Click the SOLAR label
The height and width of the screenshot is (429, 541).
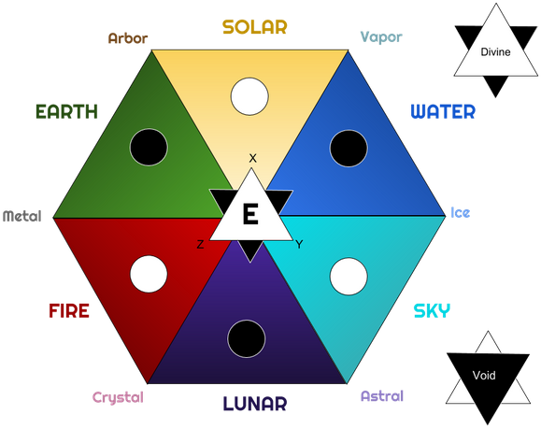(255, 27)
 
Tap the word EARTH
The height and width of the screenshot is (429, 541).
(66, 111)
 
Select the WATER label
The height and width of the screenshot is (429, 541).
(443, 111)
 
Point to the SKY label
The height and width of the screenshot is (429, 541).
(432, 310)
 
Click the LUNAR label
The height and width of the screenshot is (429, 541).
(255, 403)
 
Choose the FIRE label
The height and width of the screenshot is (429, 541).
(69, 310)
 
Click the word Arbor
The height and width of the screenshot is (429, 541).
(128, 38)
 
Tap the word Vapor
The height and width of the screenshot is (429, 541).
(381, 37)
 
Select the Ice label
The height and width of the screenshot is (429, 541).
(461, 212)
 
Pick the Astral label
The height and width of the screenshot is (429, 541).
(382, 396)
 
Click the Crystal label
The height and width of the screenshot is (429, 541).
(118, 397)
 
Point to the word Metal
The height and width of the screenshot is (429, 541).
(22, 216)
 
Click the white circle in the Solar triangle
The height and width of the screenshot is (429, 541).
(249, 96)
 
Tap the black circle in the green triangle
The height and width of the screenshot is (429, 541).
(149, 148)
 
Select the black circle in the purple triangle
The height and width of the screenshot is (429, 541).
(247, 338)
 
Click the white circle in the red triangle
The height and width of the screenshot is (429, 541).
(149, 274)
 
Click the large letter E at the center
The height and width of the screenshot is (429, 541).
(250, 214)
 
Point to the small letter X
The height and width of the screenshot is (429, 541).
(252, 158)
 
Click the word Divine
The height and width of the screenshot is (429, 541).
(495, 52)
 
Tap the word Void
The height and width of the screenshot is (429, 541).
(484, 375)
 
